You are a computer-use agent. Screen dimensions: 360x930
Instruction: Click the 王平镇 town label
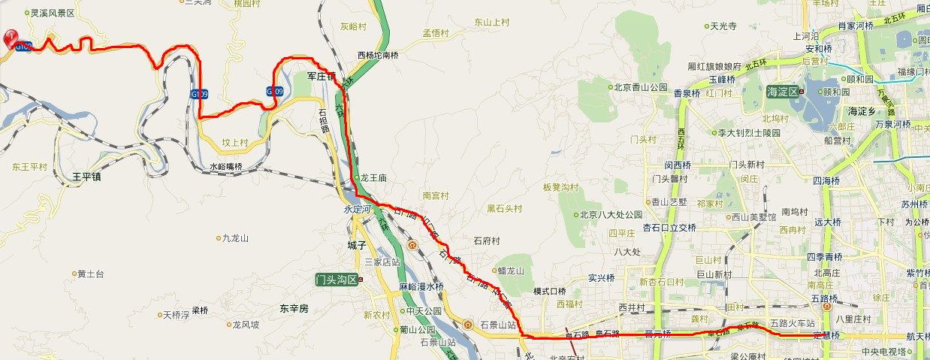point(86,177)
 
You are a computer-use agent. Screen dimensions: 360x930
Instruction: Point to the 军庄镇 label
point(321,77)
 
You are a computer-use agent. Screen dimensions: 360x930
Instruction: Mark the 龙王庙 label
point(372,178)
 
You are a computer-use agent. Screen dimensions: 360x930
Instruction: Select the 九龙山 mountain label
point(234,237)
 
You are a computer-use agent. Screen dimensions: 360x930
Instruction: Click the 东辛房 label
point(294,308)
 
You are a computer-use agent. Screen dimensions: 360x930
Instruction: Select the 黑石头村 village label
point(504,208)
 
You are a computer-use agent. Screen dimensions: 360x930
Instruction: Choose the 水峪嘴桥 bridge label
point(225,167)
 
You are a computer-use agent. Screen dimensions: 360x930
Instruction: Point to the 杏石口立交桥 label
point(669,228)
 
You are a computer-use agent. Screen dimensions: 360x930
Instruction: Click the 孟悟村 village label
point(435,33)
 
